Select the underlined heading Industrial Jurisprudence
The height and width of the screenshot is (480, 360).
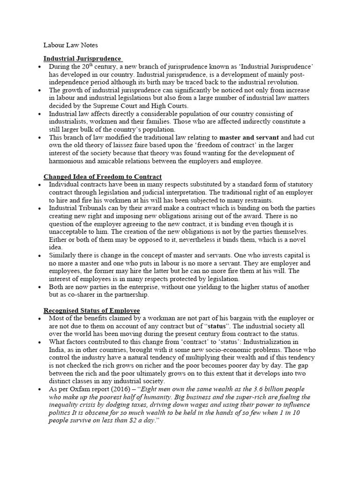click(82, 59)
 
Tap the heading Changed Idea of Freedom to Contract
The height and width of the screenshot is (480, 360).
click(103, 177)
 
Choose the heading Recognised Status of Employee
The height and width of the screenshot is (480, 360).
click(91, 311)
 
